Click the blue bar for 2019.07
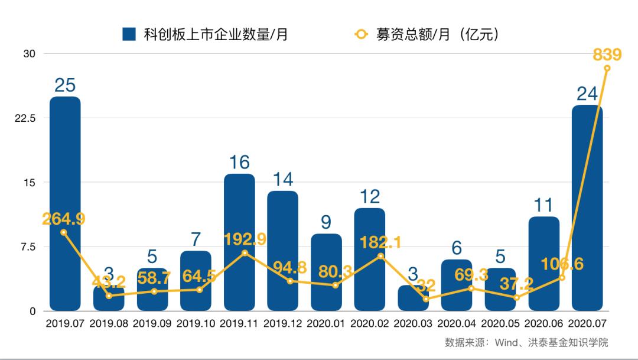pyautogui.click(x=65, y=204)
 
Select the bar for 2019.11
pyautogui.click(x=239, y=242)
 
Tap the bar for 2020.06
pyautogui.click(x=544, y=264)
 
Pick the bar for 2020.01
pyautogui.click(x=326, y=273)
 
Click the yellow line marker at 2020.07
pyautogui.click(x=607, y=68)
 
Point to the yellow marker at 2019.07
pyautogui.click(x=64, y=232)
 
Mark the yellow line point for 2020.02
pyautogui.click(x=380, y=256)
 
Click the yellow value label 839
pyautogui.click(x=607, y=55)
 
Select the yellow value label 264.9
pyautogui.click(x=64, y=219)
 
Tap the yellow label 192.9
pyautogui.click(x=245, y=239)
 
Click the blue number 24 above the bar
pyautogui.click(x=587, y=93)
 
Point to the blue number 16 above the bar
pyautogui.click(x=239, y=162)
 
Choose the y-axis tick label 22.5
pyautogui.click(x=25, y=118)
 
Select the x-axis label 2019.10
pyautogui.click(x=196, y=324)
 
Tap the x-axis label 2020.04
pyautogui.click(x=457, y=324)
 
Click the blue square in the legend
pyautogui.click(x=129, y=34)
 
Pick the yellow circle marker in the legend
pyautogui.click(x=361, y=34)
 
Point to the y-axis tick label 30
pyautogui.click(x=30, y=54)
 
